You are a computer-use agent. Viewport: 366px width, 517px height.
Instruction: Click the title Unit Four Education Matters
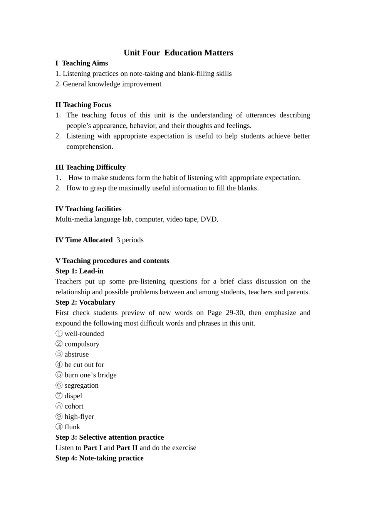coord(178,53)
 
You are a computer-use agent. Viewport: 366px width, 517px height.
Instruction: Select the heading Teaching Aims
coord(85,63)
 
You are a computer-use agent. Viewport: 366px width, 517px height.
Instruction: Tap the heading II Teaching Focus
coord(83,105)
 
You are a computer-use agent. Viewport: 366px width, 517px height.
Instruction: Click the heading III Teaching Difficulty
coord(91,167)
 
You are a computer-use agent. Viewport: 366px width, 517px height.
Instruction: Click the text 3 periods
coord(130,240)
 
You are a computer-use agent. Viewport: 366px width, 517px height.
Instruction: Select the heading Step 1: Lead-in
coord(79,271)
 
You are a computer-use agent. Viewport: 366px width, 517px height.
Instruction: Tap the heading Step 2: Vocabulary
coord(85,302)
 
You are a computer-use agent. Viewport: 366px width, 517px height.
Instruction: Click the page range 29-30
coord(235,313)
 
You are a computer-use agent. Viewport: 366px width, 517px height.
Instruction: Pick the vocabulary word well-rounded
coord(84,334)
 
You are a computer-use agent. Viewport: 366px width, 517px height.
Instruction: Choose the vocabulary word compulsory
coord(82,344)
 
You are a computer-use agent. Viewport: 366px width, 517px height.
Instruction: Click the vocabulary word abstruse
coord(77,354)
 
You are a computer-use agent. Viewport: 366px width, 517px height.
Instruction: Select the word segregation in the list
coord(81,385)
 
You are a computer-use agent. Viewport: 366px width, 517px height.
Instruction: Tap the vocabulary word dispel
coord(73,396)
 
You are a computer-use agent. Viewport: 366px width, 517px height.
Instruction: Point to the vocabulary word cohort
coord(74,406)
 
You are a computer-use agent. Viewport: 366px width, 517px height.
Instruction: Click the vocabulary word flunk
coord(72,427)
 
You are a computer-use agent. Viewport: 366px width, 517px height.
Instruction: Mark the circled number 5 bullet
coord(59,375)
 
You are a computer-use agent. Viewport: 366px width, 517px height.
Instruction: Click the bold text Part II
coord(127,448)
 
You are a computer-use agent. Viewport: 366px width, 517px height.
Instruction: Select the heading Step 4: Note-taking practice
coord(99,458)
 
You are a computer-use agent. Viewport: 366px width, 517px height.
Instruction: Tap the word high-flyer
coord(79,417)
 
